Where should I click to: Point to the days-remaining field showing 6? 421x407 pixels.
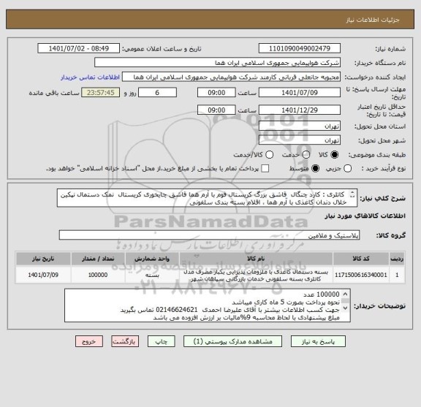pos(158,93)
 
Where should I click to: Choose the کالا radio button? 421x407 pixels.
pos(335,155)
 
